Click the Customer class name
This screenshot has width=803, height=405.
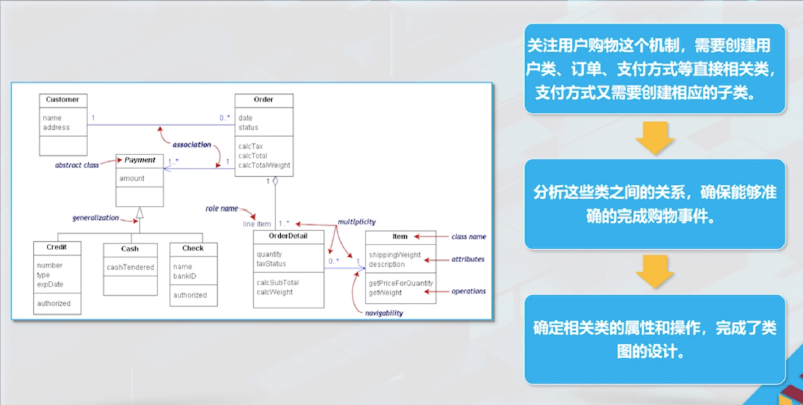tap(62, 100)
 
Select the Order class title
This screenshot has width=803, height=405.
tap(263, 100)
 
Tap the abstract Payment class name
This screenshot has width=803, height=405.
tap(140, 161)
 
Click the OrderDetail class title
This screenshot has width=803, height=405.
tap(288, 236)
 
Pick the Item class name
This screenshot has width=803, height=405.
tap(400, 236)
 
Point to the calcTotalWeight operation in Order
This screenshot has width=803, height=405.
tap(264, 165)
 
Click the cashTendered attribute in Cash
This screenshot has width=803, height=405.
tap(130, 268)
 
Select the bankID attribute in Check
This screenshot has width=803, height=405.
tap(184, 276)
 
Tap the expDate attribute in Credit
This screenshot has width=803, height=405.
tap(50, 284)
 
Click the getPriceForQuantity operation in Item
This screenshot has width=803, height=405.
tap(401, 283)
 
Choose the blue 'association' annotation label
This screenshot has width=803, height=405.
tap(192, 145)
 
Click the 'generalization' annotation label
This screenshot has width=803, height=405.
tap(96, 218)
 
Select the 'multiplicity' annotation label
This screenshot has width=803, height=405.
tap(357, 222)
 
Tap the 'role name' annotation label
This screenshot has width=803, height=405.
tap(222, 209)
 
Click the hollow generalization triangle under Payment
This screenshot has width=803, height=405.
tap(140, 213)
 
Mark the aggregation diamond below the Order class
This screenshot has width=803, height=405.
tap(275, 182)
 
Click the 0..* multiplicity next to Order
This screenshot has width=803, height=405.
tap(225, 118)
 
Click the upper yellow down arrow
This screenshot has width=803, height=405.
tap(654, 137)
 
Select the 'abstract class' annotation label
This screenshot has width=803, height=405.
tap(77, 165)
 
